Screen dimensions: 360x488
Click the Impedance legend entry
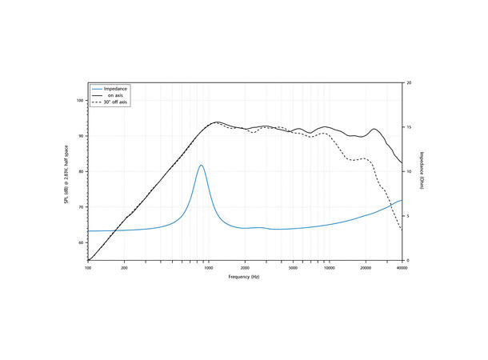[x=117, y=88]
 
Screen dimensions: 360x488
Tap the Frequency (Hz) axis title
[x=244, y=276]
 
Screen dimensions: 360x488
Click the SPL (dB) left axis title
[x=67, y=171]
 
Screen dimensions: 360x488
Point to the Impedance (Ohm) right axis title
[x=422, y=171]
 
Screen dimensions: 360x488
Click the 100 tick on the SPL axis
[x=80, y=101]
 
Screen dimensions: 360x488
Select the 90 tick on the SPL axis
[x=81, y=136]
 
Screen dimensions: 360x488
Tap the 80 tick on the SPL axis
[x=81, y=171]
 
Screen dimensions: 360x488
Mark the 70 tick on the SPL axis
[x=81, y=206]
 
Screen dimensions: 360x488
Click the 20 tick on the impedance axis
[x=410, y=83]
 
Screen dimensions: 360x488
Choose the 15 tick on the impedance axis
[x=410, y=127]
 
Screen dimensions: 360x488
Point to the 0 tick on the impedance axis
[x=408, y=261]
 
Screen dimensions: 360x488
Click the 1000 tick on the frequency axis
[x=209, y=267]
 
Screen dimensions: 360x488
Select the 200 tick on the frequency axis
[x=124, y=267]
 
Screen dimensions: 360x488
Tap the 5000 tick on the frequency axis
[x=293, y=267]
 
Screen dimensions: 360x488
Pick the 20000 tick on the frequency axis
[x=366, y=267]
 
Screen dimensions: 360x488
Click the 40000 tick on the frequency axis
[x=402, y=267]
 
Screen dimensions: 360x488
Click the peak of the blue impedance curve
[x=201, y=166]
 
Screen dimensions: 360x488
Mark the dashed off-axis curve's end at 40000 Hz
[x=402, y=231]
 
